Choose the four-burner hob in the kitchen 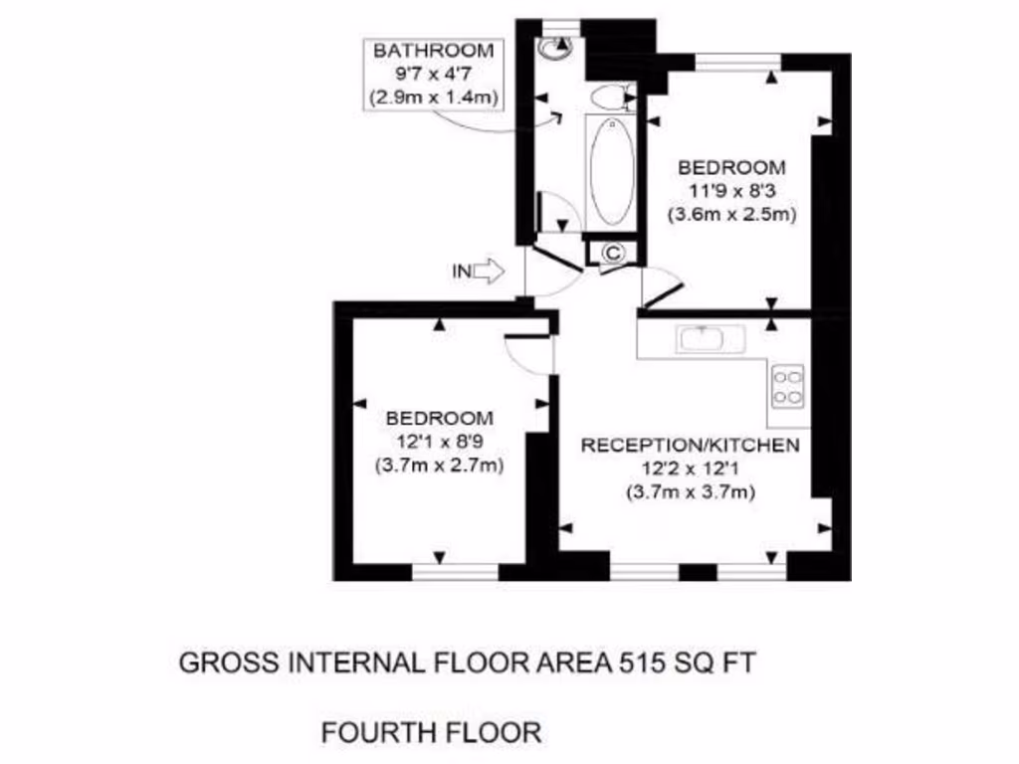(x=788, y=386)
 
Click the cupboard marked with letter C (x=614, y=253)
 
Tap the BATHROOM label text (x=432, y=51)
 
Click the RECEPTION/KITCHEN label (x=690, y=445)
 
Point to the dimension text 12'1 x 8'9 (x=439, y=441)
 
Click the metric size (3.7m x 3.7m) (x=690, y=491)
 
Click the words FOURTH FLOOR (x=431, y=733)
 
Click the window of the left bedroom (x=456, y=571)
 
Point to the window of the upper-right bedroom (x=737, y=62)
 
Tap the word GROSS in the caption (x=222, y=663)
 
